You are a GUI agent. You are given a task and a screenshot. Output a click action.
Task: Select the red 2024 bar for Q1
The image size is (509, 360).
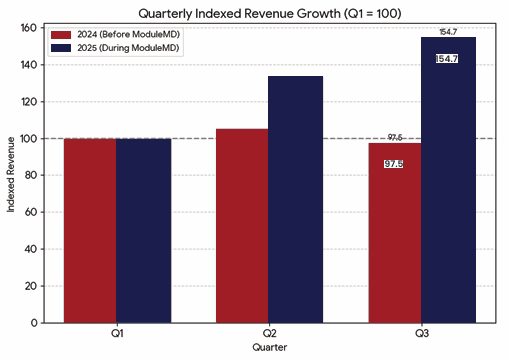90,230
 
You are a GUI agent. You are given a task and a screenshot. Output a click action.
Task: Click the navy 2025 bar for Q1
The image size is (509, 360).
142,230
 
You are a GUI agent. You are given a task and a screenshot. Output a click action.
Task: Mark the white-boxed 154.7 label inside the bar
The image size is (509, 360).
447,59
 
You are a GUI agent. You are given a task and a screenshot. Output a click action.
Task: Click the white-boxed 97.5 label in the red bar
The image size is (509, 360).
394,164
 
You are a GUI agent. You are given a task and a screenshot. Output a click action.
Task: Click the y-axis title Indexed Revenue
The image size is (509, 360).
11,175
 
